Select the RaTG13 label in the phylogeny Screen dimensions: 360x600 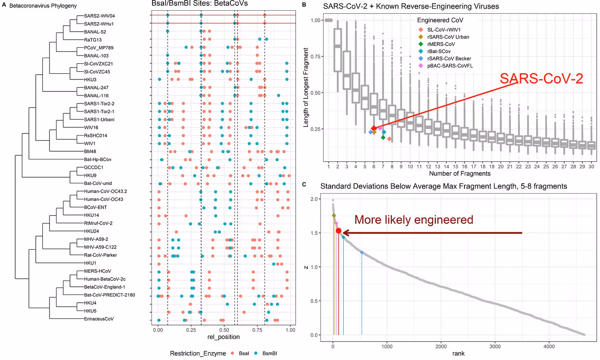[93, 40]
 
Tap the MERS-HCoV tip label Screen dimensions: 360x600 [98, 271]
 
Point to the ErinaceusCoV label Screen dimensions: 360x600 [99, 319]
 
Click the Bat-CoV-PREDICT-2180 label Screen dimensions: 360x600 [110, 295]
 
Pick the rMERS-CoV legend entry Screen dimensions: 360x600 [441, 44]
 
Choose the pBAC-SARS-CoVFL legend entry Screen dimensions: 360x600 [450, 66]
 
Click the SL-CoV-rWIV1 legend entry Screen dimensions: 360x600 [444, 30]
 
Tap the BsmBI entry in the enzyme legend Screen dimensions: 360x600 [270, 353]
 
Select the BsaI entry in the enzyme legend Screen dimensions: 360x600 [244, 353]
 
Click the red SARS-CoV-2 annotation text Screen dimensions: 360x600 [541, 79]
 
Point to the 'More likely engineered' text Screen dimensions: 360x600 [414, 220]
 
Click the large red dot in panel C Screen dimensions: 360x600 [339, 231]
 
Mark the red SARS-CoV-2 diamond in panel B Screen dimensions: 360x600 [374, 129]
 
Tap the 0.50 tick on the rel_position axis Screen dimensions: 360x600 [224, 330]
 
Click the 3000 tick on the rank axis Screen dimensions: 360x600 [495, 346]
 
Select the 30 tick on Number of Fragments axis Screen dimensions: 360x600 [591, 167]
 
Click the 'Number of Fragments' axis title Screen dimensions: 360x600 [460, 173]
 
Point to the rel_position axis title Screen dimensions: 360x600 [223, 337]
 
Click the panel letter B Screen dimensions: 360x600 [304, 5]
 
